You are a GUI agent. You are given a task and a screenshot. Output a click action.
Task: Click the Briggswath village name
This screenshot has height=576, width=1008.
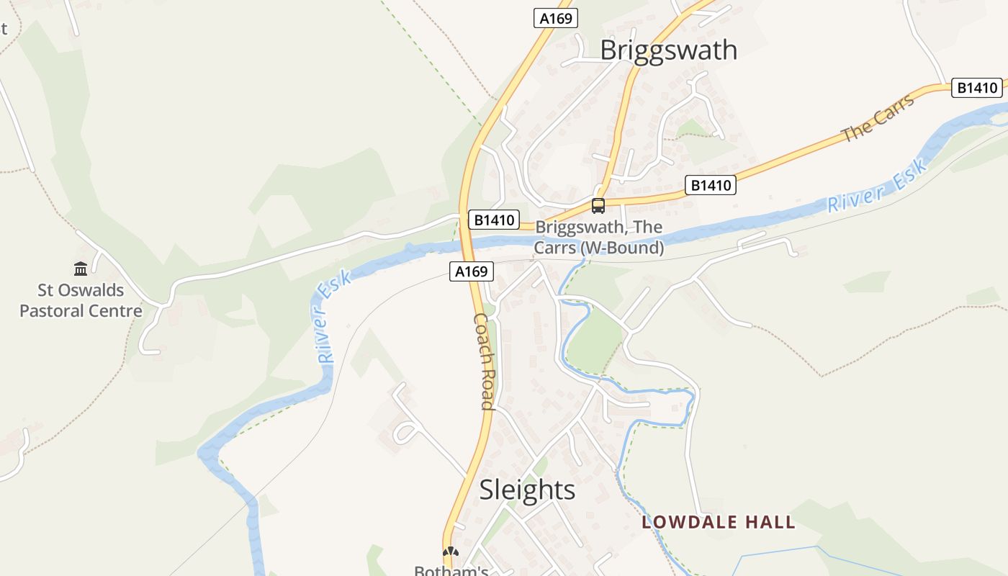668,50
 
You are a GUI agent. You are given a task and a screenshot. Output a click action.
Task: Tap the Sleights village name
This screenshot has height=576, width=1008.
527,490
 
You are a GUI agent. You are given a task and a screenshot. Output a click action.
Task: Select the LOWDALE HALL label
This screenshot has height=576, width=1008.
719,523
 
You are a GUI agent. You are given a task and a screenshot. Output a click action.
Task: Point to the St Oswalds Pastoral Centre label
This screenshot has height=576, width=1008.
81,301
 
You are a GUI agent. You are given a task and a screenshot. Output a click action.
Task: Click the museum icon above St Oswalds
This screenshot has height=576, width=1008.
81,269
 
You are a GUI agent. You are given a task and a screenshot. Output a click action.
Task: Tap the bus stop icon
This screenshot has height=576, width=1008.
598,206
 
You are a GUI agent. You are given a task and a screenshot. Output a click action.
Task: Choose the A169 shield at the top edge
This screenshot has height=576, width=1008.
556,18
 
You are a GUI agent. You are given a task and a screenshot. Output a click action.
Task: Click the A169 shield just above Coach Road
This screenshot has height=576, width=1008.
472,271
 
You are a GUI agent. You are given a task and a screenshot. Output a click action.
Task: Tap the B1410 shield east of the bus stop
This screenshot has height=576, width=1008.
711,185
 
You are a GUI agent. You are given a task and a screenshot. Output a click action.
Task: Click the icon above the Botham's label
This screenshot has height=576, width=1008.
451,552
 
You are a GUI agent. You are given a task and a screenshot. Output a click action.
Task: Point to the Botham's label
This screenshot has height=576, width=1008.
451,570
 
